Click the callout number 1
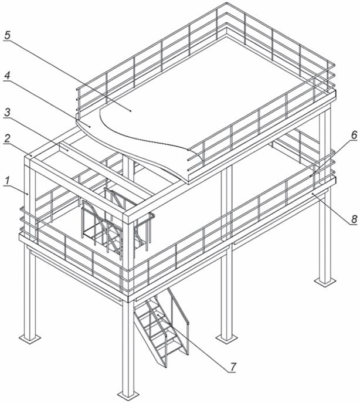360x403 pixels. point(8,181)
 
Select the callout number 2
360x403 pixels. point(7,139)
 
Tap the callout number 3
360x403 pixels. point(8,112)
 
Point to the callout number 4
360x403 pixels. point(7,76)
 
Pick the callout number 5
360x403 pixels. point(7,35)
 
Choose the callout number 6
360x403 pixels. point(354,135)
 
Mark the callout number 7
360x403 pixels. point(233,367)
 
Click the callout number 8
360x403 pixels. point(354,219)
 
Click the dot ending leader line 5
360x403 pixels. point(131,111)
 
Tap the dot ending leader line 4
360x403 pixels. point(90,126)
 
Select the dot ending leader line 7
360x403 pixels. point(158,314)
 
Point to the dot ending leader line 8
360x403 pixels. point(313,193)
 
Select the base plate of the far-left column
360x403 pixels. point(30,338)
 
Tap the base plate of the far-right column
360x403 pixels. point(325,282)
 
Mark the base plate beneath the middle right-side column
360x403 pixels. point(226,338)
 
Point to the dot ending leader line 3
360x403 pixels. point(67,151)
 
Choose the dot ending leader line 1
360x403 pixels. point(27,194)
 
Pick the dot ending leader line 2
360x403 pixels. point(31,155)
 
